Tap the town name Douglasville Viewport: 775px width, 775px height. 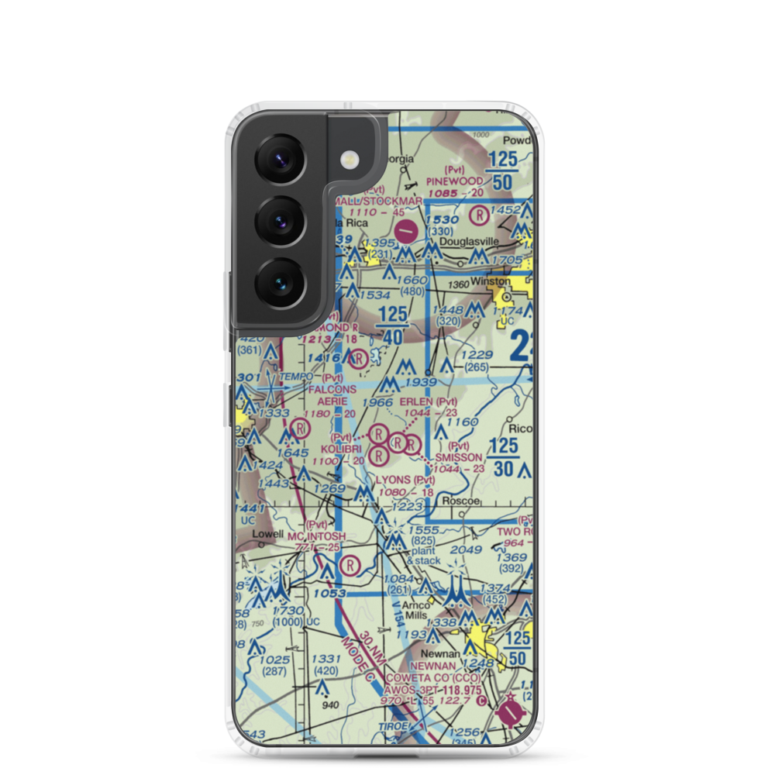pos(469,242)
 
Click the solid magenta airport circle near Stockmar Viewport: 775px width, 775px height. pos(405,230)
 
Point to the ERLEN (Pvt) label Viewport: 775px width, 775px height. pos(428,401)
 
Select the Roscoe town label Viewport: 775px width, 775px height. pos(456,501)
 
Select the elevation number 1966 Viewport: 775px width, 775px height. pos(377,403)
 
